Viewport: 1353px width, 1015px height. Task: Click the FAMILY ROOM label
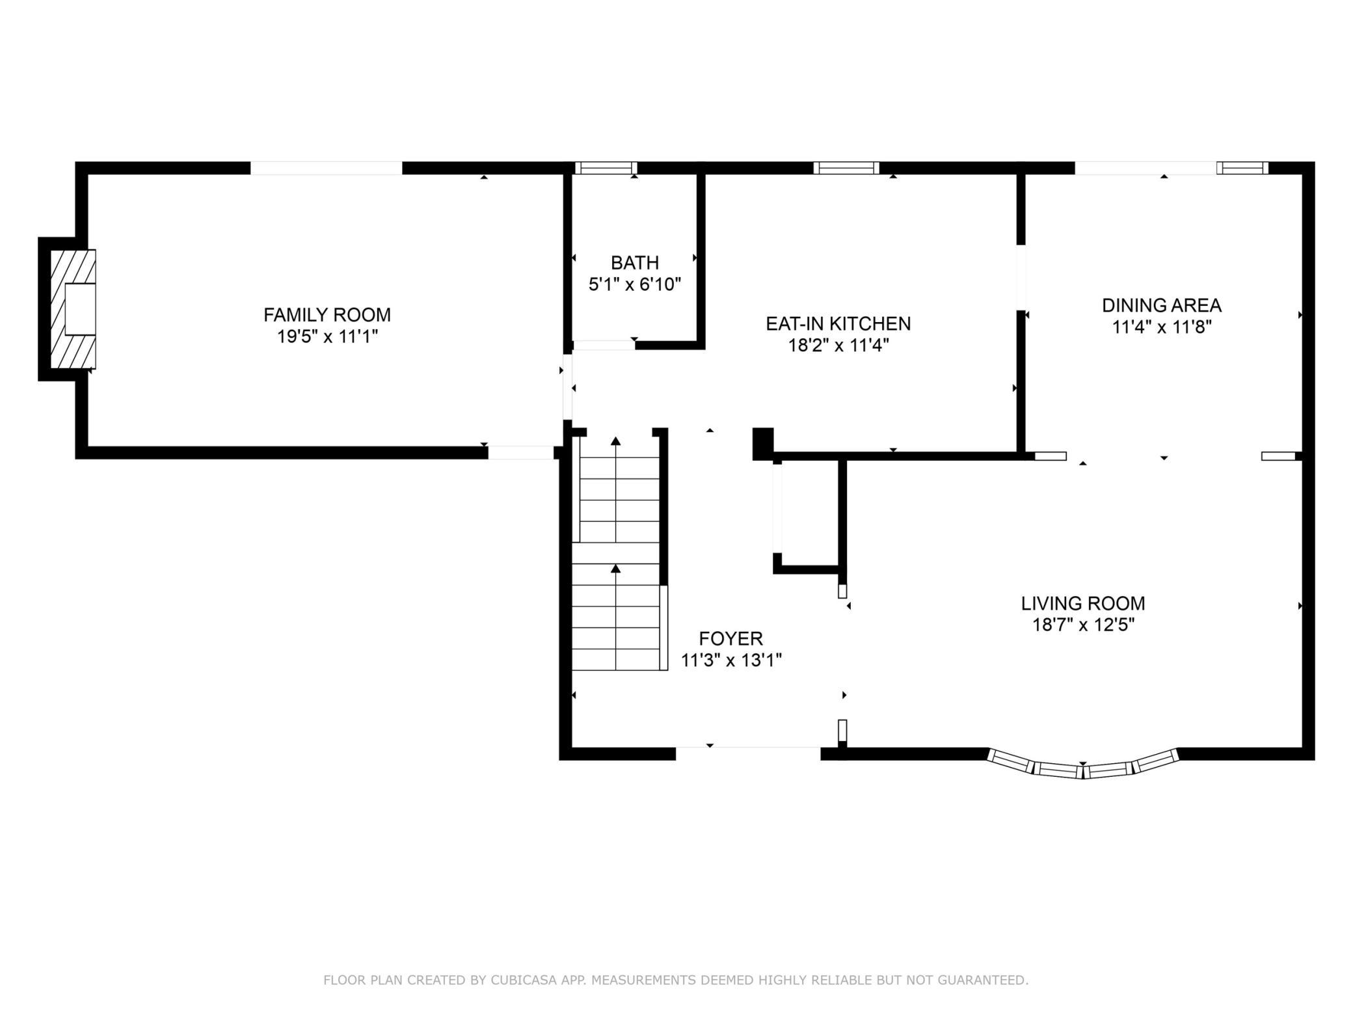click(327, 315)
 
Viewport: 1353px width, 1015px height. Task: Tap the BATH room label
click(635, 263)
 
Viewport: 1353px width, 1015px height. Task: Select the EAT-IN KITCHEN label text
click(838, 323)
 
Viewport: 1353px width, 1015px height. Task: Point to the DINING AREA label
click(1162, 305)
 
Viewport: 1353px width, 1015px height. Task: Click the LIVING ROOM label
click(1083, 603)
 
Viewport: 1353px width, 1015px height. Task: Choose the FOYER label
click(731, 638)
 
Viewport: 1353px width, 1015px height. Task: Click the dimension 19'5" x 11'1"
click(328, 336)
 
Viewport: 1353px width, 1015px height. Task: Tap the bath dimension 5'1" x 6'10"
click(635, 284)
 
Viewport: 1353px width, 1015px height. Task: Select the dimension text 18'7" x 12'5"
click(1084, 625)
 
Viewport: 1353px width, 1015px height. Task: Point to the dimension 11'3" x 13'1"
click(731, 660)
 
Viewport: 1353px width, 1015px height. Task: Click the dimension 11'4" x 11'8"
click(1162, 327)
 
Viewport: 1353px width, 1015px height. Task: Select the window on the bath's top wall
click(606, 168)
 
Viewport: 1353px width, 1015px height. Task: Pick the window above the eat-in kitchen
click(846, 168)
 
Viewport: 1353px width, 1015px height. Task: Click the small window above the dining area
click(1242, 168)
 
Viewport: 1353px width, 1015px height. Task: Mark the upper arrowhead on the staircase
click(616, 441)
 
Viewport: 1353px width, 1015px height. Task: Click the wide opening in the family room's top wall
click(327, 168)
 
